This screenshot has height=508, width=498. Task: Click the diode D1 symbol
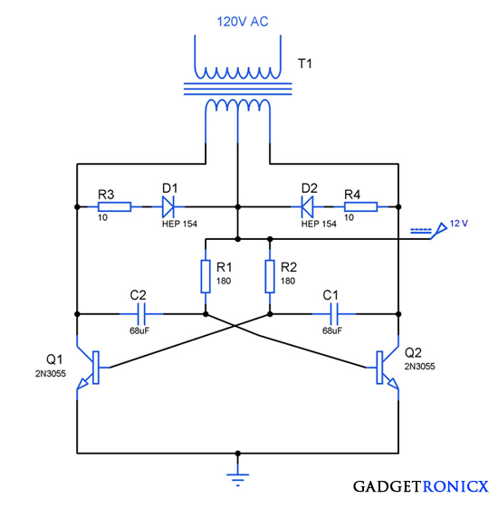168,206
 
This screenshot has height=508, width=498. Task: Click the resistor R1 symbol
206,276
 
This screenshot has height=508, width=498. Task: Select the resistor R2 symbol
270,276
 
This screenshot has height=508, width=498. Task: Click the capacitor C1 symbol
334,314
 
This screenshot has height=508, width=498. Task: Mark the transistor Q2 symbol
387,368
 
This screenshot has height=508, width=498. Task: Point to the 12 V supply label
461,223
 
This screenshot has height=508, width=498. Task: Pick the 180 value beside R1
224,282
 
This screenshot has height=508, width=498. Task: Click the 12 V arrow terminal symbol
439,230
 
